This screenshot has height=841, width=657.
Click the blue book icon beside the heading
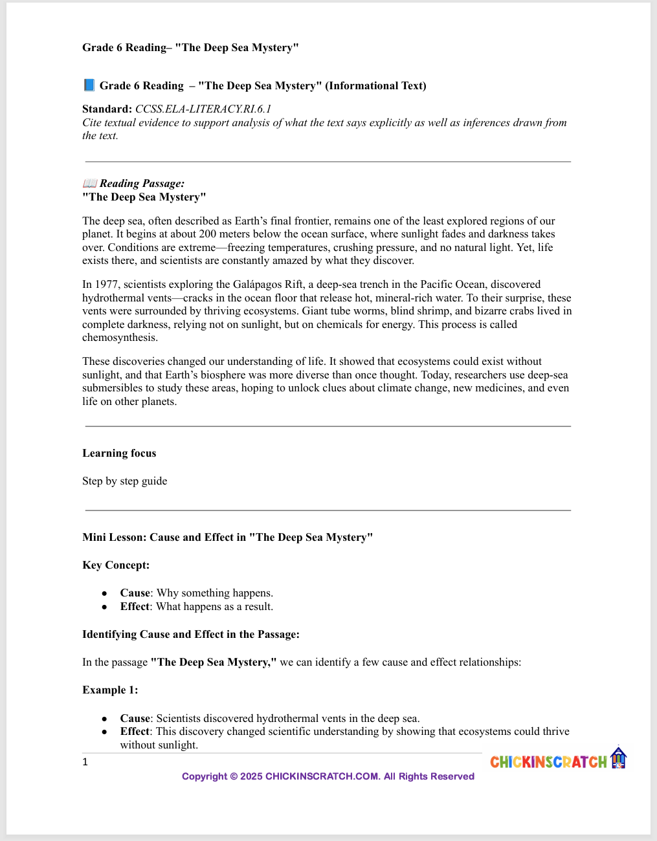point(89,85)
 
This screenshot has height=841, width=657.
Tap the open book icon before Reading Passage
point(90,184)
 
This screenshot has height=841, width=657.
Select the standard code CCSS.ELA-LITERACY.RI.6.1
point(203,109)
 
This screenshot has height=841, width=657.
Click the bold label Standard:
point(107,109)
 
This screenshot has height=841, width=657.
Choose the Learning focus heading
point(119,453)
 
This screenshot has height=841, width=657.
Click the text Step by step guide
point(124,481)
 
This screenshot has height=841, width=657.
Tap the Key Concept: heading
point(116,565)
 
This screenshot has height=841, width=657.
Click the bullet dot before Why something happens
point(104,593)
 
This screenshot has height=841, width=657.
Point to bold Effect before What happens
point(135,606)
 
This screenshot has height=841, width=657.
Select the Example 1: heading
point(110,690)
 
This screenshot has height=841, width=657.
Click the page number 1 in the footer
point(85,762)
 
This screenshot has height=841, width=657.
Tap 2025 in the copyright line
point(251,776)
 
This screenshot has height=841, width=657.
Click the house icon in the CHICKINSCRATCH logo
point(619,758)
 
